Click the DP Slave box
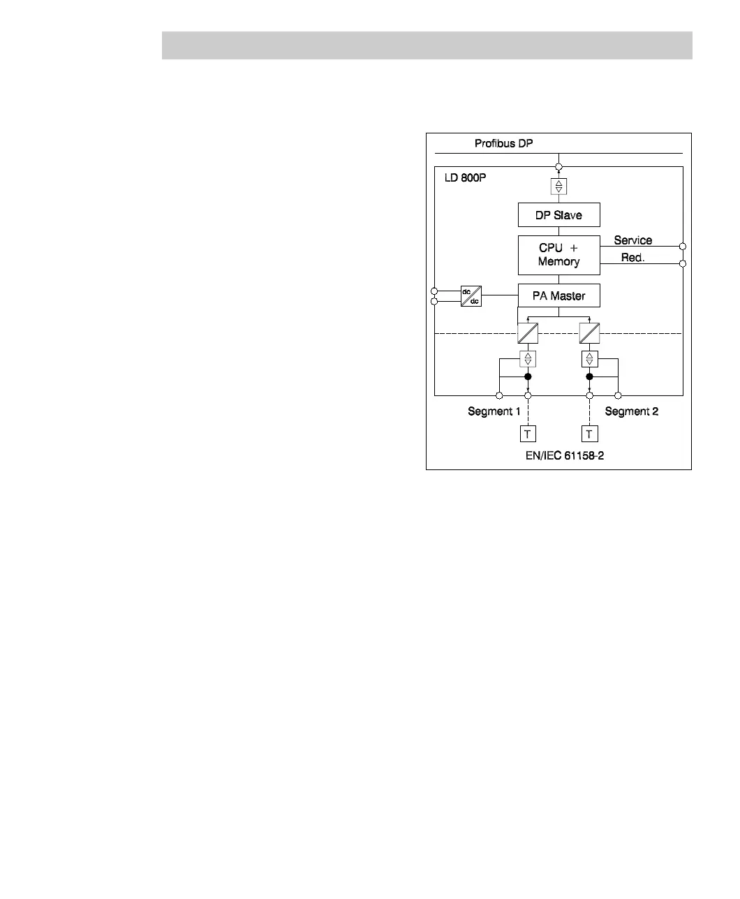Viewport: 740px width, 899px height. coord(558,215)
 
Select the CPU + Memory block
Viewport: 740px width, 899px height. coord(558,255)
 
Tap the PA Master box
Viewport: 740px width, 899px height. coord(558,295)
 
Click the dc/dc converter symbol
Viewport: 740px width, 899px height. coord(471,295)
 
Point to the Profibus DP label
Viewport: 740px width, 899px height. coord(504,144)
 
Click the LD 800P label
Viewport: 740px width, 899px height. coord(465,177)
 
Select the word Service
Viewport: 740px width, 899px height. coord(632,240)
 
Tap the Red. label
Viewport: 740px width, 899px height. coord(632,258)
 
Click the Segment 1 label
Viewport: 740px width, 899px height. coord(494,411)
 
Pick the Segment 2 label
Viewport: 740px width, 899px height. coord(631,411)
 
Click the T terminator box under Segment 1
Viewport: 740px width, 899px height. coord(528,434)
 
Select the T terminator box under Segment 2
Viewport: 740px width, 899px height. coord(590,434)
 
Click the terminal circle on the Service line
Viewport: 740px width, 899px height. coord(683,247)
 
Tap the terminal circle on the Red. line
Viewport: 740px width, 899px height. coord(683,263)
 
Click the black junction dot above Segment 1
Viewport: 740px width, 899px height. coord(528,377)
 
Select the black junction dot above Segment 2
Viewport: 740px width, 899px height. coord(590,377)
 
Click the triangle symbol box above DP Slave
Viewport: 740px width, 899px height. coord(558,187)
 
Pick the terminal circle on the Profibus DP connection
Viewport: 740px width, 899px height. coord(558,167)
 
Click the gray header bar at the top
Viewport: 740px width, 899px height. coord(427,45)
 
